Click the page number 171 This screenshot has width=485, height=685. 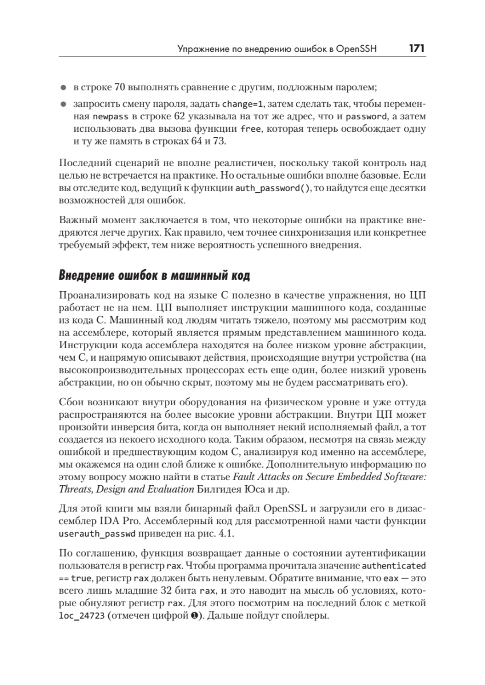(416, 49)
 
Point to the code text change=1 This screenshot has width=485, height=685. (243, 105)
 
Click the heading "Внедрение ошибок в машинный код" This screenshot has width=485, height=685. (154, 276)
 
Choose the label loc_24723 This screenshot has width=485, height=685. (80, 617)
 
